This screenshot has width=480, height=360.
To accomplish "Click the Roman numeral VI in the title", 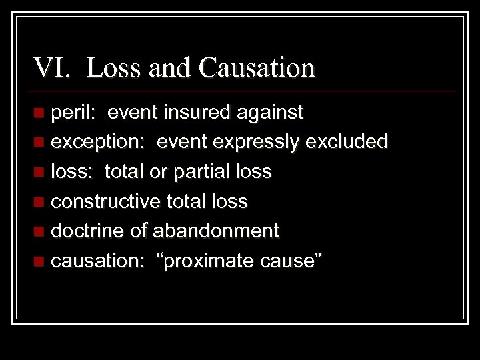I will (50, 68).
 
